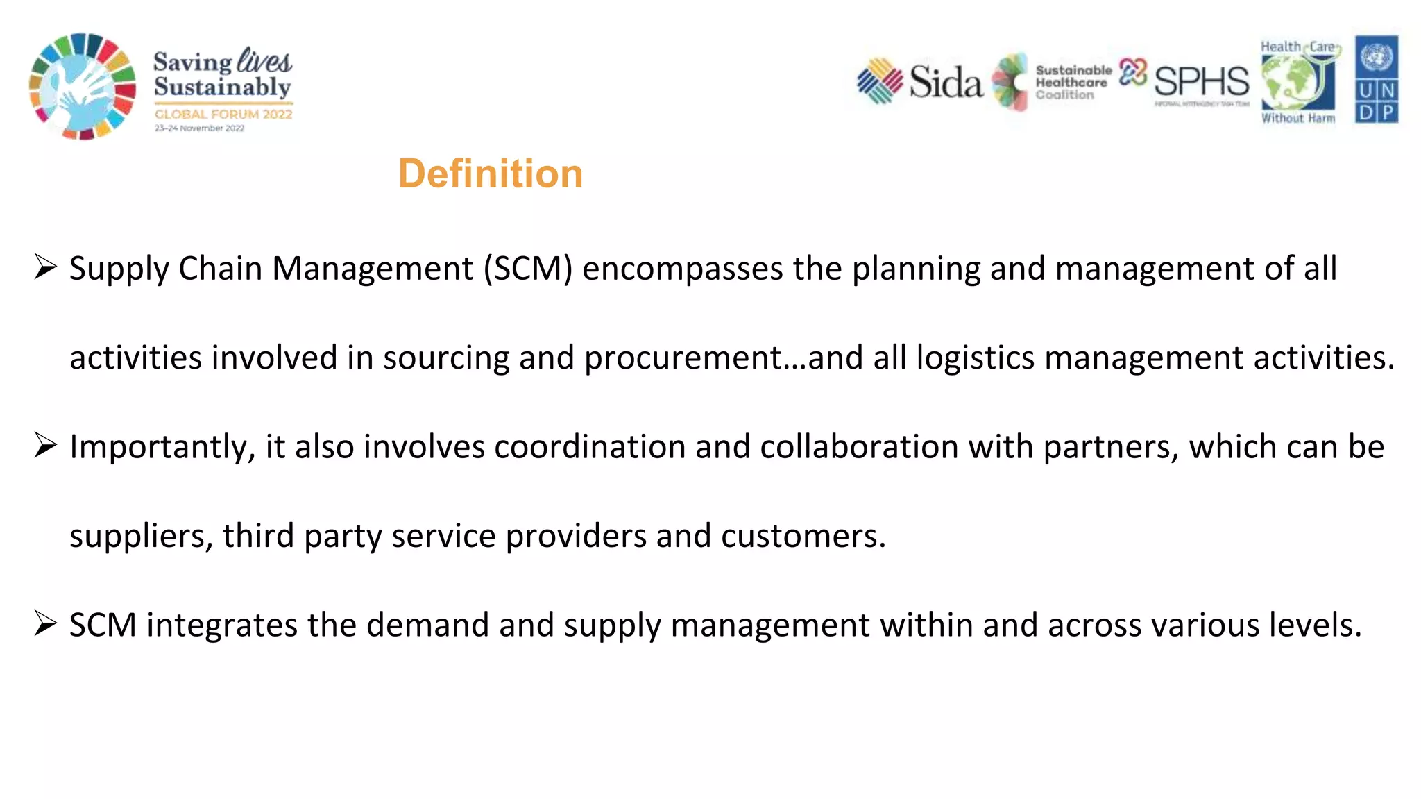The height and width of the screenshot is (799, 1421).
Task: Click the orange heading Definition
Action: point(490,174)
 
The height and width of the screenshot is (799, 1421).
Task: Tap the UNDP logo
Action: point(1377,81)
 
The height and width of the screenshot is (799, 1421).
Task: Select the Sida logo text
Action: point(946,83)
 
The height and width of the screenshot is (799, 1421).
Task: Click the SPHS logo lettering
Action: point(1201,82)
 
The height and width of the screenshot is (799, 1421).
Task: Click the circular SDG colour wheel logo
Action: point(83,86)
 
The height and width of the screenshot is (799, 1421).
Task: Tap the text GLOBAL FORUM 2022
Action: point(223,115)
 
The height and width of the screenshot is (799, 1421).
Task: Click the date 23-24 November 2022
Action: point(199,128)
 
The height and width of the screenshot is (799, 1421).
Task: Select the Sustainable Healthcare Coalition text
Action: point(1073,83)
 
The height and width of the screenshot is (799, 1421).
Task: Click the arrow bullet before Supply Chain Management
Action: point(45,267)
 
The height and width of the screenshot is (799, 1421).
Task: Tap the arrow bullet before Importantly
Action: point(45,446)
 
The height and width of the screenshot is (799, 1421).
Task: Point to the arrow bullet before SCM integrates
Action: point(45,624)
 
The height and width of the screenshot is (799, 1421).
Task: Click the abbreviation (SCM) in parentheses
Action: point(528,269)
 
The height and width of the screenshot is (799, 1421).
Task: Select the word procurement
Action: point(683,358)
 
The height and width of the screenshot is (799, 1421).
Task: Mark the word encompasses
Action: point(683,269)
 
